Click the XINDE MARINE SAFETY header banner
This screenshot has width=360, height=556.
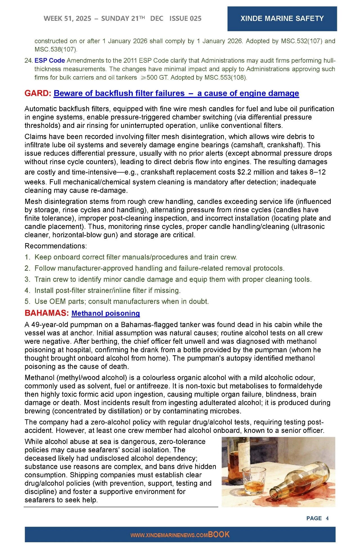coord(282,19)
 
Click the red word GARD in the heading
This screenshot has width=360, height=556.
coord(37,93)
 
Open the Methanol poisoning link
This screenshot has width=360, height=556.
coord(106,313)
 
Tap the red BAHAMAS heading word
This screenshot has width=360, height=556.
coord(46,313)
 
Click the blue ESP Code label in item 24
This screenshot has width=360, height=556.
coord(49,60)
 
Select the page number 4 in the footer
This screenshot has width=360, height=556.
coord(327,518)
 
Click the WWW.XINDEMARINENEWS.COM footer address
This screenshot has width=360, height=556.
coord(169,535)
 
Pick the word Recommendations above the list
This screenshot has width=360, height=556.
coord(56,246)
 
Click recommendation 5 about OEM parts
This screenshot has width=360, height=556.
coord(121,302)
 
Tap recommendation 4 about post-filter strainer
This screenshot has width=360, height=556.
coord(107,290)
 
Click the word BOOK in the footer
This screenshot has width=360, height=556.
coord(219,534)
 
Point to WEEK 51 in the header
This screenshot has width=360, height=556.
coord(58,19)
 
